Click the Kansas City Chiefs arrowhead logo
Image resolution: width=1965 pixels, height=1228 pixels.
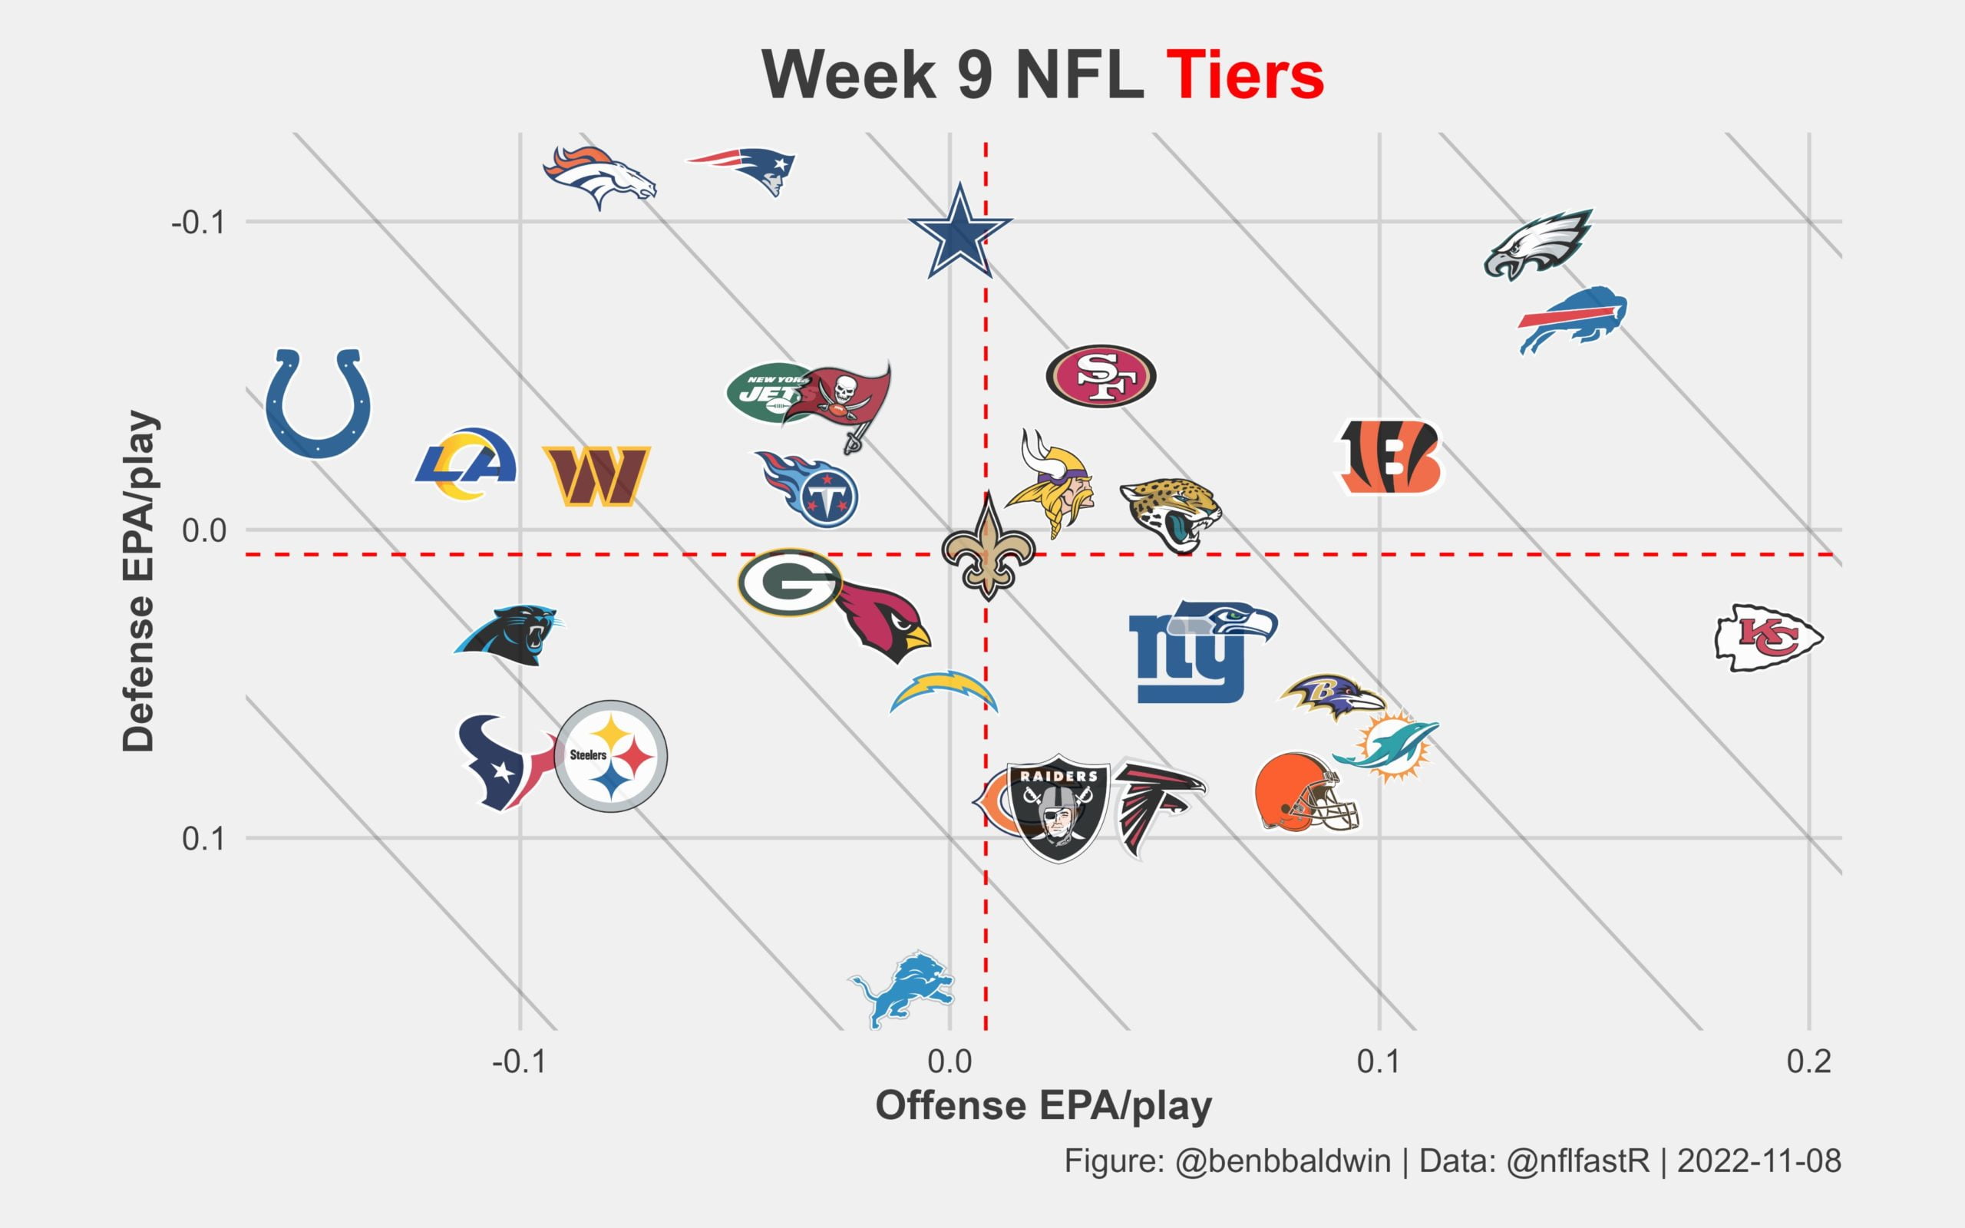pos(1768,638)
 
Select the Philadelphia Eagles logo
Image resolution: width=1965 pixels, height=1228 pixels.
pos(1538,243)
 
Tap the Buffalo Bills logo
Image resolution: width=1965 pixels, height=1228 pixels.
pos(1573,319)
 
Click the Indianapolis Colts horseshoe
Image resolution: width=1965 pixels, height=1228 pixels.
pos(319,403)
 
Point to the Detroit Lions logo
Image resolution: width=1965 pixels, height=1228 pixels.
pos(902,989)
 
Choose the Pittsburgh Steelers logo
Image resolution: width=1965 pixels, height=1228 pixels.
pos(611,756)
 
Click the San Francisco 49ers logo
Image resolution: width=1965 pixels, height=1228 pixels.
pos(1100,376)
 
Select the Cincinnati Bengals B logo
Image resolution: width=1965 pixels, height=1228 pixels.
pos(1389,457)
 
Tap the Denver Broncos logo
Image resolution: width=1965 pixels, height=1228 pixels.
pos(599,177)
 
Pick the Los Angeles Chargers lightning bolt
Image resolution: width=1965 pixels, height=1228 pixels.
pos(943,692)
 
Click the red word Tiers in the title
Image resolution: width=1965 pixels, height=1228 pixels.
pos(1244,74)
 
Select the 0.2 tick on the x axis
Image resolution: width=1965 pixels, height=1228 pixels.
pos(1808,1061)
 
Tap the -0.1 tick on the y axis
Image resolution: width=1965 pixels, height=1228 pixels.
pos(197,222)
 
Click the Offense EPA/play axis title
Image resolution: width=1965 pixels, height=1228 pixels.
pos(1043,1105)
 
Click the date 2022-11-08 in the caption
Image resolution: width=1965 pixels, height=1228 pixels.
pos(1759,1160)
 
